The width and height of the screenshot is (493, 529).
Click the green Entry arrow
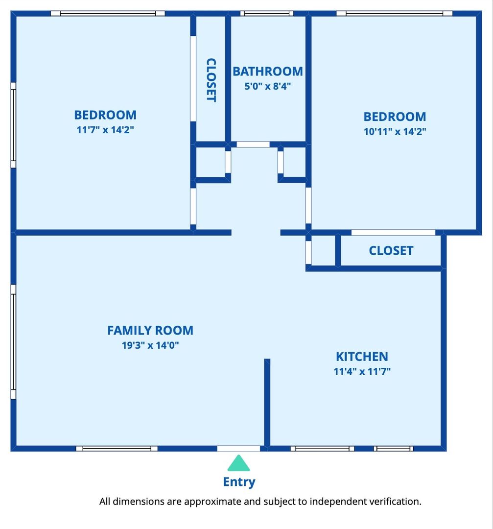coord(239,463)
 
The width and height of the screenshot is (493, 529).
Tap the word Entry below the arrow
coord(239,482)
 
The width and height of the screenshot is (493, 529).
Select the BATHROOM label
coord(268,72)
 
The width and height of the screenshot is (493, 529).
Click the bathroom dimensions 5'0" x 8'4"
coord(268,86)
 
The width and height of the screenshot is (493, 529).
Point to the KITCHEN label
coord(362,357)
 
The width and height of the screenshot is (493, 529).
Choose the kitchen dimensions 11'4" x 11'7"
coord(362,371)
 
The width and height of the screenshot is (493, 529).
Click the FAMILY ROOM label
coord(150,330)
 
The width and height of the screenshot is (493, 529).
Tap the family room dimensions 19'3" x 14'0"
coord(150,345)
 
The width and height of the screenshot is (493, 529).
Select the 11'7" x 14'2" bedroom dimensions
coord(105,130)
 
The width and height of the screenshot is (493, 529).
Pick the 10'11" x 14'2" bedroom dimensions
coord(395,132)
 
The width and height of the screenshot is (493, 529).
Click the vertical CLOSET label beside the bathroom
coord(211,80)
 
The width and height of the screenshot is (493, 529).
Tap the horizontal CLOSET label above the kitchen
coord(391,251)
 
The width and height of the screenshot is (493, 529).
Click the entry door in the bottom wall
coord(238,448)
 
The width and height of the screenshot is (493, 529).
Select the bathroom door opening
coord(253,144)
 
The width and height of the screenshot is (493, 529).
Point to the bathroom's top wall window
coord(267,14)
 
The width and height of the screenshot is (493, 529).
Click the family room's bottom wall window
coord(117,448)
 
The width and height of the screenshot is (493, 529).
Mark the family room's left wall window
coord(14,342)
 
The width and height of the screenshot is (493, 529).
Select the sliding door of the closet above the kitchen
coord(393,233)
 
